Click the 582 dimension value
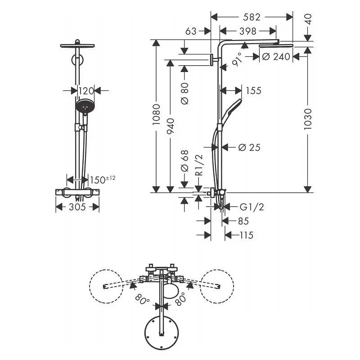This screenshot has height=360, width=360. pyautogui.click(x=252, y=17)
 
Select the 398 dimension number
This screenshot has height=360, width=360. pyautogui.click(x=248, y=31)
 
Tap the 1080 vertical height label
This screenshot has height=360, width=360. pyautogui.click(x=156, y=114)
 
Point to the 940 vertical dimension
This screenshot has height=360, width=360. pyautogui.click(x=171, y=126)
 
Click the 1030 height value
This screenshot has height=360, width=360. pyautogui.click(x=308, y=119)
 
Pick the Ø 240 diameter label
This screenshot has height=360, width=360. pyautogui.click(x=276, y=57)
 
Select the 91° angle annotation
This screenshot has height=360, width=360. pyautogui.click(x=237, y=59)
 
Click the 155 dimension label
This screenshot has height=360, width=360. pyautogui.click(x=253, y=91)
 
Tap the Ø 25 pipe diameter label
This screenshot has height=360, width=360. pyautogui.click(x=249, y=148)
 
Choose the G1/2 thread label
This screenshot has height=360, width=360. pyautogui.click(x=252, y=207)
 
